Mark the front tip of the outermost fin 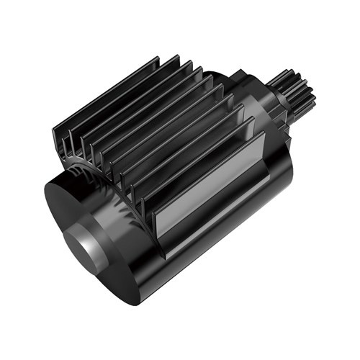pyautogui.click(x=58, y=137)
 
